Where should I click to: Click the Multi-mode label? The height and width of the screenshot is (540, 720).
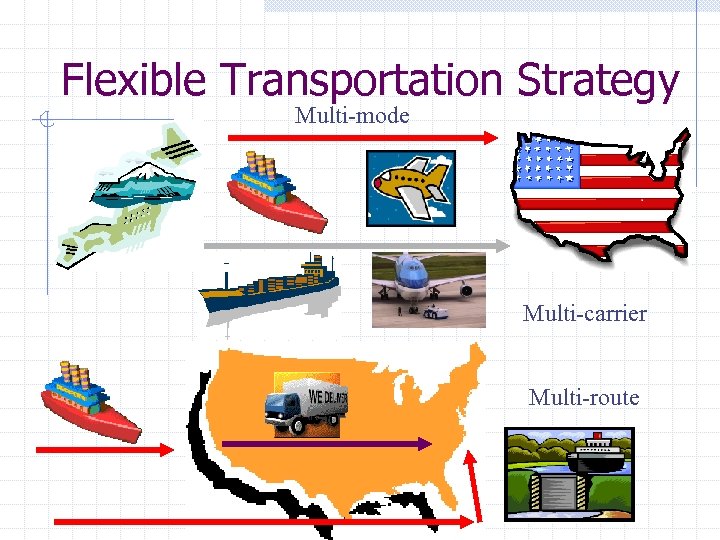click(352, 116)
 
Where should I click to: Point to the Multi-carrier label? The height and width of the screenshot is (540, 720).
click(584, 314)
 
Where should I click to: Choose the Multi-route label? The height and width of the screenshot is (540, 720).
click(583, 398)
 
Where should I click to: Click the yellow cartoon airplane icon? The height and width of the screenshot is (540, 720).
click(410, 187)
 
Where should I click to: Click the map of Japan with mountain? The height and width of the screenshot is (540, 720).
click(140, 195)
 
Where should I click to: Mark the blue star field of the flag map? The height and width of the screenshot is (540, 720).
click(544, 163)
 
